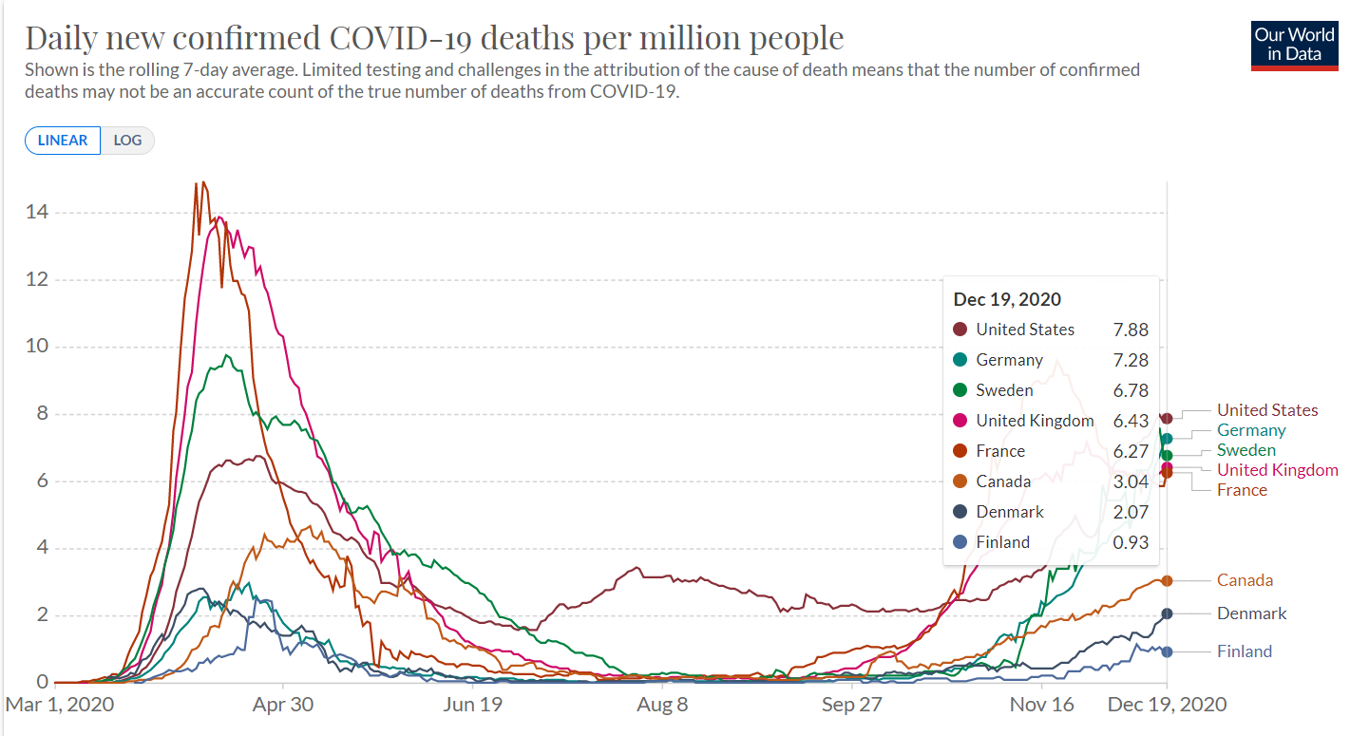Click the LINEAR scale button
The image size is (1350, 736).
tap(63, 141)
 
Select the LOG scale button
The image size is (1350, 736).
tap(127, 141)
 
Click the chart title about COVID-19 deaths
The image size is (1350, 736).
tap(434, 38)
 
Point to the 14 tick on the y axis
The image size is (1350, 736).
tap(38, 212)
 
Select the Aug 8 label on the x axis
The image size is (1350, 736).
tap(662, 705)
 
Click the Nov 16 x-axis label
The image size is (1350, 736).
tap(1041, 705)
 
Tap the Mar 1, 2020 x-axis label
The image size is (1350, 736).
tap(60, 705)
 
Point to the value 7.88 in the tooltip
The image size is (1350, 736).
tap(1131, 330)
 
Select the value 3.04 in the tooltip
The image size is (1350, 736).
tap(1131, 481)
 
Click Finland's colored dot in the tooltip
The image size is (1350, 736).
tap(960, 542)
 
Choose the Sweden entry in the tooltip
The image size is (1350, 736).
tap(1004, 390)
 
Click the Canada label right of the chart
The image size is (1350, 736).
tap(1245, 580)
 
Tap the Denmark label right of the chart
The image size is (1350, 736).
tap(1251, 613)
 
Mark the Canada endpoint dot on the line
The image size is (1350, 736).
tap(1167, 580)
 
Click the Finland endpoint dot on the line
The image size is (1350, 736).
tap(1167, 651)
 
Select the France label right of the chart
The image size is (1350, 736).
tap(1242, 490)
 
